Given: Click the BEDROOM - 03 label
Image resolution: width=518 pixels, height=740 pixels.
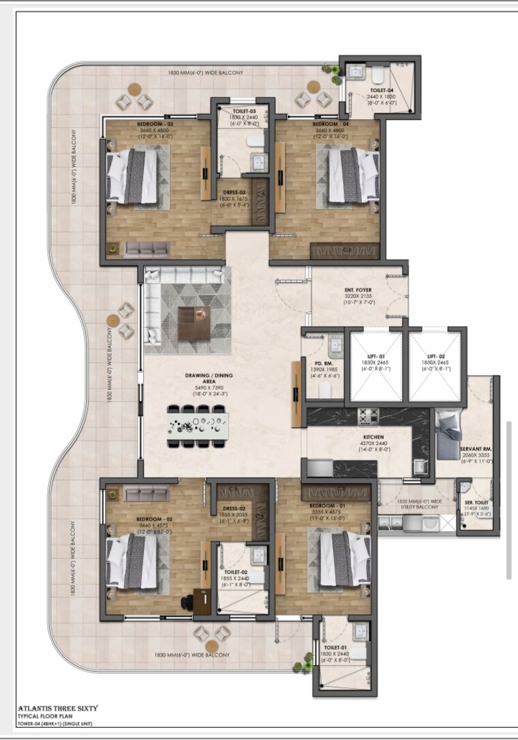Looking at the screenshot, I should (x=151, y=124).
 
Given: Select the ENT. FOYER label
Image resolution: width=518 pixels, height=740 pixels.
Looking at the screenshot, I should (x=358, y=290).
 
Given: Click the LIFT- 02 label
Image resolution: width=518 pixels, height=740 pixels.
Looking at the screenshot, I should (x=436, y=356).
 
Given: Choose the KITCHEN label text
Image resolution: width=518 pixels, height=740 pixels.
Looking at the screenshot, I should (x=359, y=437).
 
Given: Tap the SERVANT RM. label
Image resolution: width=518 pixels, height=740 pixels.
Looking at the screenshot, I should (x=476, y=449).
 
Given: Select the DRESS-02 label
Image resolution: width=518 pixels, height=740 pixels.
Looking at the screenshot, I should (x=233, y=507).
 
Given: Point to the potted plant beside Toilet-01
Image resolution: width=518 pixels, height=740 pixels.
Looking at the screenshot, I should (x=299, y=660).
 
